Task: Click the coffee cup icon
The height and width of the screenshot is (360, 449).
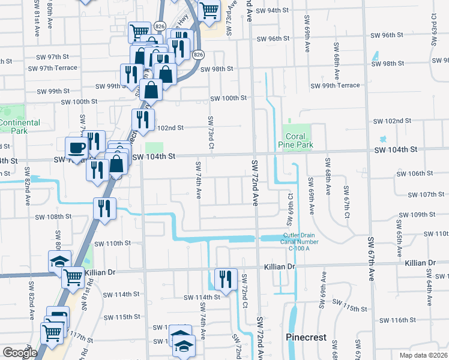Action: click(x=76, y=148)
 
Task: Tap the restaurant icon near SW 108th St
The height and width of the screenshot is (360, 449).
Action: click(x=104, y=208)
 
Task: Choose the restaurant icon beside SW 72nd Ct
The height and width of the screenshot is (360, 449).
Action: click(x=226, y=278)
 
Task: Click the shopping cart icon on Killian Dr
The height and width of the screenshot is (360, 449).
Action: click(x=73, y=277)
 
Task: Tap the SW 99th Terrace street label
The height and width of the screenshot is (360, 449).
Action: click(x=335, y=86)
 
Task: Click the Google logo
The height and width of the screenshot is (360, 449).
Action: click(x=20, y=353)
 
